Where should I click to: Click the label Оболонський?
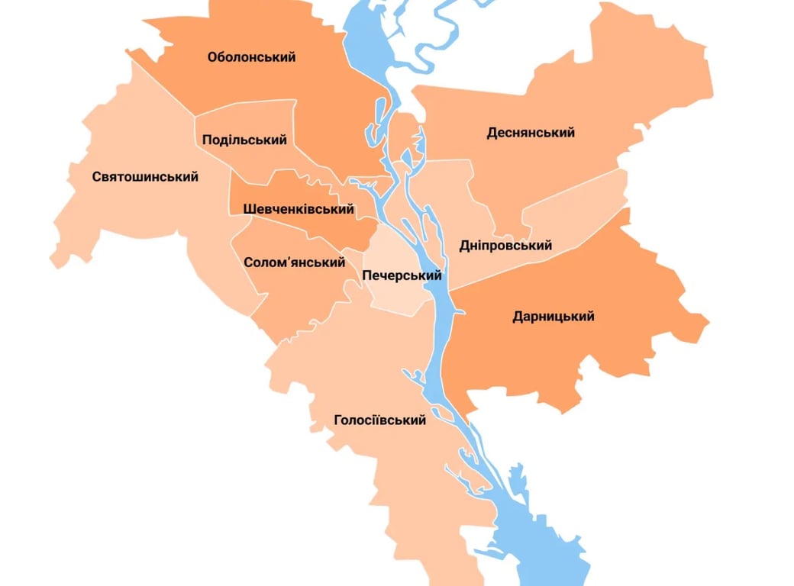pyautogui.click(x=251, y=57)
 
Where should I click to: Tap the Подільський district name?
pyautogui.click(x=244, y=140)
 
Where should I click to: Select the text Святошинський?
pyautogui.click(x=145, y=177)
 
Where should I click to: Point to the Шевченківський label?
pyautogui.click(x=299, y=209)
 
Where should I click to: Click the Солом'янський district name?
pyautogui.click(x=295, y=262)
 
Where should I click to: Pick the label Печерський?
pyautogui.click(x=402, y=275)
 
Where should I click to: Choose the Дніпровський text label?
pyautogui.click(x=505, y=246)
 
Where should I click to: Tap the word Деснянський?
pyautogui.click(x=531, y=133)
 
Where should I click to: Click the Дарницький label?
pyautogui.click(x=554, y=317)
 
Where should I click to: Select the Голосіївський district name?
pyautogui.click(x=379, y=420)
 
